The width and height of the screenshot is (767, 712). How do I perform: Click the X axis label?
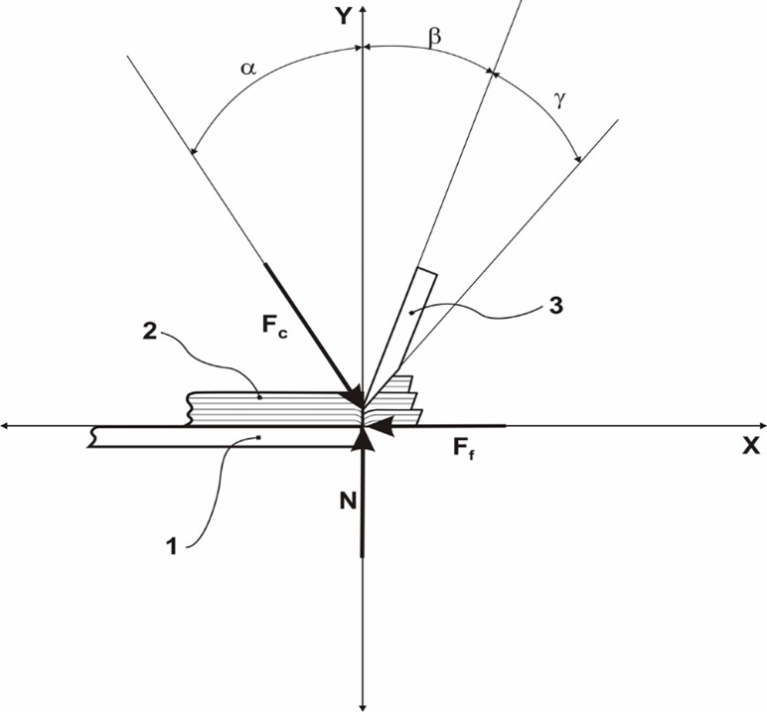(x=750, y=446)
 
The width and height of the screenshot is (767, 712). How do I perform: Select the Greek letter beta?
(x=433, y=37)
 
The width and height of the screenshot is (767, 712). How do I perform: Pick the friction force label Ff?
(x=464, y=448)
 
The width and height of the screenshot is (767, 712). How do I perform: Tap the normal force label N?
(x=347, y=502)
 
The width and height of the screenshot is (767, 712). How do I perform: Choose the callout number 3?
(x=556, y=306)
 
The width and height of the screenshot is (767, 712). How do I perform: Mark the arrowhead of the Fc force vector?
(x=353, y=397)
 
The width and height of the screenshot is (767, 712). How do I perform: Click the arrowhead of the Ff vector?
(x=386, y=426)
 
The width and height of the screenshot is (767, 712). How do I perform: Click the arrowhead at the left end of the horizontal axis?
(x=8, y=426)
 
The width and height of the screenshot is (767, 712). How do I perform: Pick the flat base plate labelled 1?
(x=219, y=437)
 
